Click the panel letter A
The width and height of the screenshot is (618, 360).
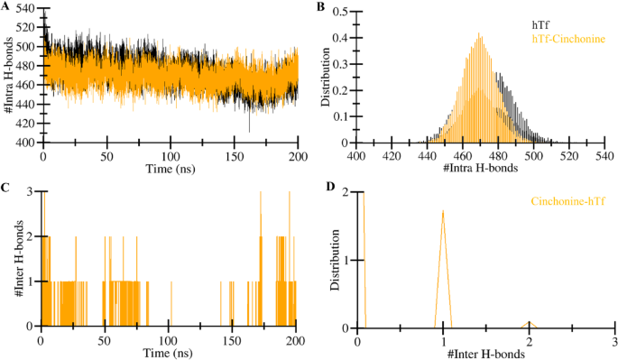(5, 7)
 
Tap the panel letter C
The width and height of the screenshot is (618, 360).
(5, 188)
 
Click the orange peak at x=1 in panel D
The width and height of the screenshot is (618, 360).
(443, 212)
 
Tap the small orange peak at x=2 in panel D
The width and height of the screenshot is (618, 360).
(529, 321)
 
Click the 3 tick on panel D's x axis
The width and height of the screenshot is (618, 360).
(614, 339)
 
